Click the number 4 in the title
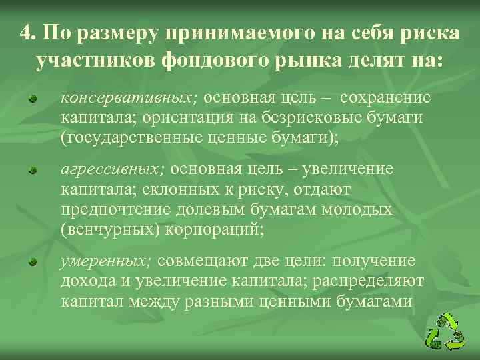tap(26, 33)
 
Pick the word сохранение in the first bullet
tap(385, 97)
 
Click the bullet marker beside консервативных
tap(31, 99)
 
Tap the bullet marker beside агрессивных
tap(31, 171)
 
